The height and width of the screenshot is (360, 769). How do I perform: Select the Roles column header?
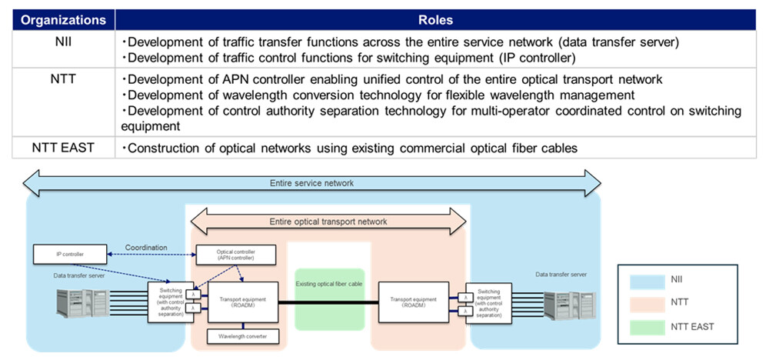435,20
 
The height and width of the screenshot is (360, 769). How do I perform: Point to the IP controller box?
70,252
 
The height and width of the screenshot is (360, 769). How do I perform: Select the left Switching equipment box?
169,302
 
